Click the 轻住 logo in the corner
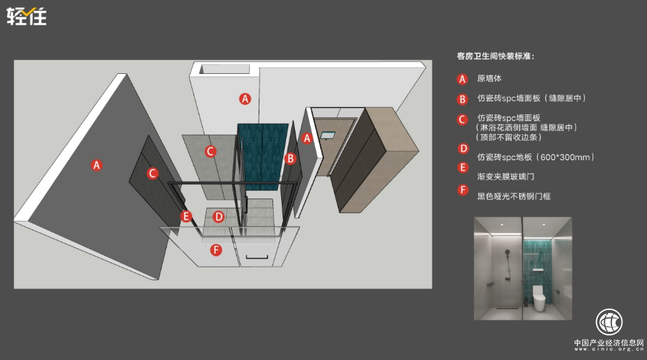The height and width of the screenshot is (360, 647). (26, 17)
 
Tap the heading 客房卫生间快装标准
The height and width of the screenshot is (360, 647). (495, 56)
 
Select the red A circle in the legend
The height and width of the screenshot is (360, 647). (462, 79)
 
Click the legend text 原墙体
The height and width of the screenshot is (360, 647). (489, 78)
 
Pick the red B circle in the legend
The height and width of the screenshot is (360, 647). (462, 99)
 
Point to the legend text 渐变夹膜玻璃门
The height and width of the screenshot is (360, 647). (506, 177)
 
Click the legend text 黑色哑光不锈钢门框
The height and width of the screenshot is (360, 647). (514, 196)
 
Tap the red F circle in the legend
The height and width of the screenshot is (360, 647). (462, 190)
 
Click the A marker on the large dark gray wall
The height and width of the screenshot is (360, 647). (96, 165)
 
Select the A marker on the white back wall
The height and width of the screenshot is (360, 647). (245, 99)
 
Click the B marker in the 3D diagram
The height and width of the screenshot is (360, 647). (290, 159)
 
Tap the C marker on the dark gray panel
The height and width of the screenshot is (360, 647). (152, 173)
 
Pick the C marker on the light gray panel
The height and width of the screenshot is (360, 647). (210, 151)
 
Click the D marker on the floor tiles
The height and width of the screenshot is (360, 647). (218, 216)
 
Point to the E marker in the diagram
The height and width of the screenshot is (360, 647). (186, 216)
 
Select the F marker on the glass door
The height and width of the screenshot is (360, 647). (216, 250)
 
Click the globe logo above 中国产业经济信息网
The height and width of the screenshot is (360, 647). (609, 322)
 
